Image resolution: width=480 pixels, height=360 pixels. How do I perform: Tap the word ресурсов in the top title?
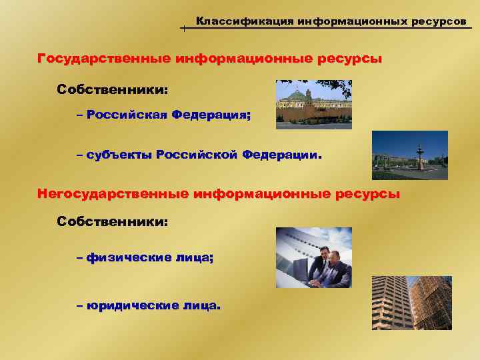tap(437, 21)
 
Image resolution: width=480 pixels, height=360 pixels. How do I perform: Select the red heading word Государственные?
tap(105, 59)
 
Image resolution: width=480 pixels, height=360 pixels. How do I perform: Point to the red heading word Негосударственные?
tap(113, 194)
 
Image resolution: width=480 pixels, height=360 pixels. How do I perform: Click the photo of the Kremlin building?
tap(313, 104)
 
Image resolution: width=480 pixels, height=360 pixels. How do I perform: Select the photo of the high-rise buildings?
tap(411, 303)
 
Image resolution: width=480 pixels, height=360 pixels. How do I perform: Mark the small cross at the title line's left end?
tap(183, 29)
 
